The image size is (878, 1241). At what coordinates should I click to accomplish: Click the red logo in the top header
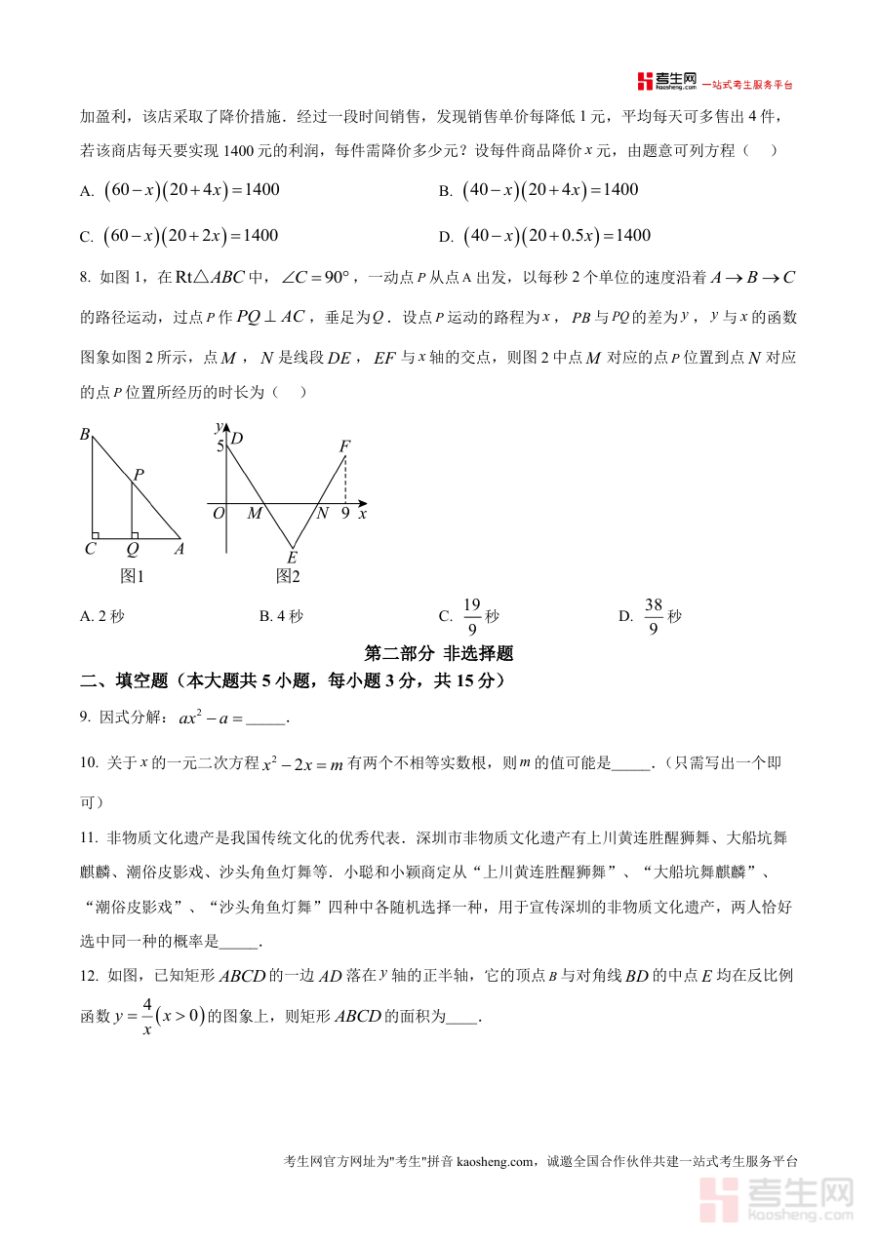645,81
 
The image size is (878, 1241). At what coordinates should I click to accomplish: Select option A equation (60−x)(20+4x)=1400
191,190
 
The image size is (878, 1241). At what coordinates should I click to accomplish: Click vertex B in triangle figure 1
86,435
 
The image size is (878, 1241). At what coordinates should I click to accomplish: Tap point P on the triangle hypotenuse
139,476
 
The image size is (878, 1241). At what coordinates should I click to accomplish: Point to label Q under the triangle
133,549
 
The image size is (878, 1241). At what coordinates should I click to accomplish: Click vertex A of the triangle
179,549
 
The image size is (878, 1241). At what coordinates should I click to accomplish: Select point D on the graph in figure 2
237,439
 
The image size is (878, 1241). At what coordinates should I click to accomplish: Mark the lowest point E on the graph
292,558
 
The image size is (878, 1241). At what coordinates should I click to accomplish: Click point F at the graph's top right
344,446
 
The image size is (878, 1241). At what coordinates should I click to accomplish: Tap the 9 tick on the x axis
345,513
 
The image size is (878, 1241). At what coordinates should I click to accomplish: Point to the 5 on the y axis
220,446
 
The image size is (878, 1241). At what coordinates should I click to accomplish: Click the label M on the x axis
255,513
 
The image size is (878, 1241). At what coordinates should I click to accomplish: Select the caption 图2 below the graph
288,576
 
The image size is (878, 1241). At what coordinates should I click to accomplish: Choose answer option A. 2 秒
102,616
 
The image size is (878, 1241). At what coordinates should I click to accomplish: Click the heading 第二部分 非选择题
438,653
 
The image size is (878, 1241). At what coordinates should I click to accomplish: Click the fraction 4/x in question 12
147,1016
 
